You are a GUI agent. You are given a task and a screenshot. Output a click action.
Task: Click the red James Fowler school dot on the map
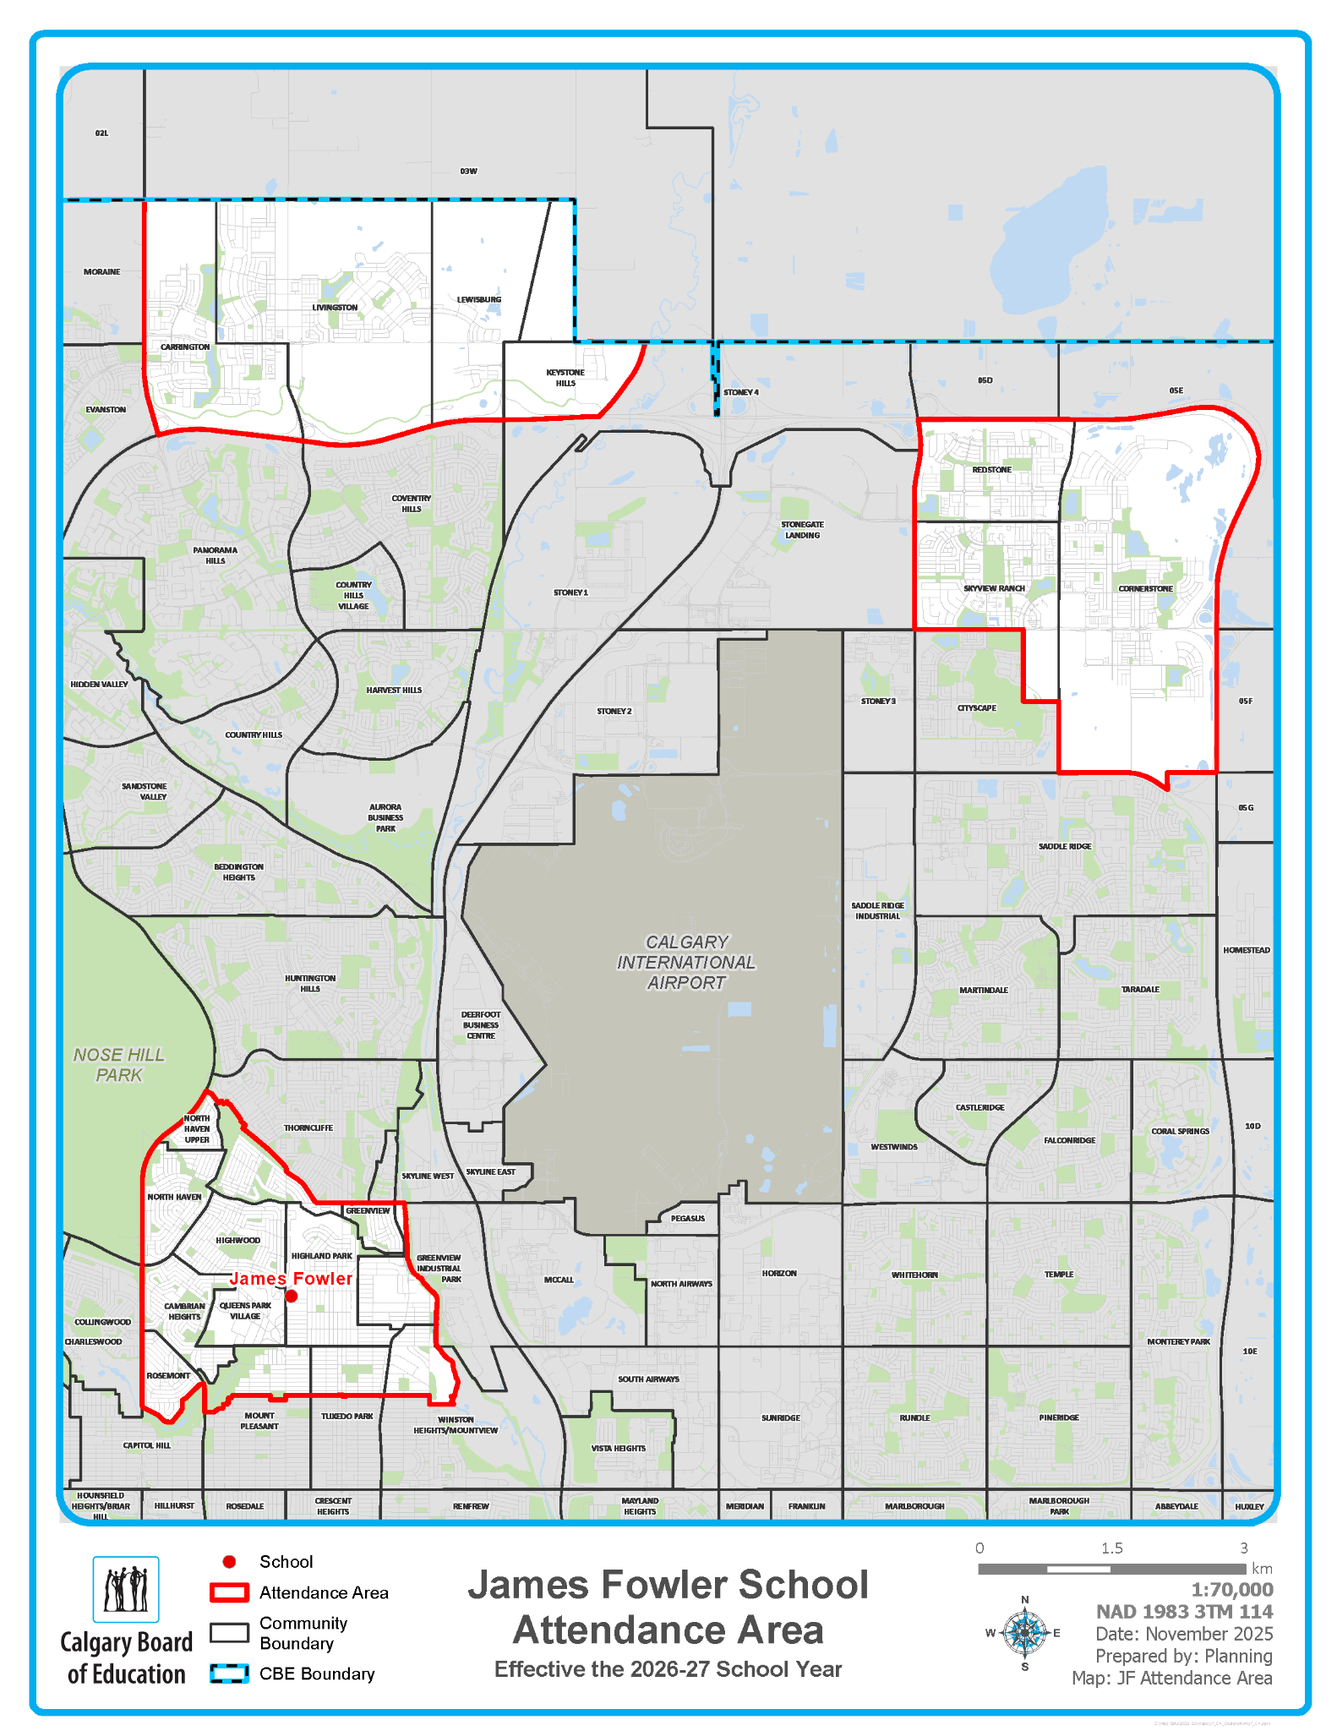(x=292, y=1296)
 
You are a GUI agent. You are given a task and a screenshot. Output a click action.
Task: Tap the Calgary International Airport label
(x=686, y=962)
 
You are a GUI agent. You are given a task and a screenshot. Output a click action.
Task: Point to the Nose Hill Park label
(x=119, y=1065)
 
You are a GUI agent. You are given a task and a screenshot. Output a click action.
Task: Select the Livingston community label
(x=335, y=308)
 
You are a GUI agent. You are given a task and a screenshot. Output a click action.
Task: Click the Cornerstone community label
(x=1145, y=589)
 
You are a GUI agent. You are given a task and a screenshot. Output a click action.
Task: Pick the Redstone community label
(x=991, y=470)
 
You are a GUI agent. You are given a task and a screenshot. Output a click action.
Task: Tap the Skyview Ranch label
(x=994, y=589)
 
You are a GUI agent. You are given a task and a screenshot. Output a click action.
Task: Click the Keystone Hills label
(x=565, y=378)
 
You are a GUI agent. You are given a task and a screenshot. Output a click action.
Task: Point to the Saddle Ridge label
(x=1065, y=847)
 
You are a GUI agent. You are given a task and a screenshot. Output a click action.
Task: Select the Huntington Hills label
(x=310, y=983)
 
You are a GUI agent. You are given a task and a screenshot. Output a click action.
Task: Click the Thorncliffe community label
(x=308, y=1128)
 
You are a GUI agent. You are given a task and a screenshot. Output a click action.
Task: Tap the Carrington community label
(x=185, y=347)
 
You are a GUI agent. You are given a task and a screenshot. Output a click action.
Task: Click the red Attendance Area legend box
(x=229, y=1592)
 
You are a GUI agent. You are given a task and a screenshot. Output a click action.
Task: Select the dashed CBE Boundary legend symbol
(x=229, y=1674)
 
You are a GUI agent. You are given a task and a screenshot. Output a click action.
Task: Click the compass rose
(x=1024, y=1633)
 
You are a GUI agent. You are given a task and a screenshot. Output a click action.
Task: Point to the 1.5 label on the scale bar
(x=1111, y=1548)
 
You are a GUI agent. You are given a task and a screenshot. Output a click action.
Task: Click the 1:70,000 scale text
(x=1231, y=1590)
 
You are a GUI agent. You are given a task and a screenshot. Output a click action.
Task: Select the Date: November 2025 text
(x=1183, y=1634)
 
